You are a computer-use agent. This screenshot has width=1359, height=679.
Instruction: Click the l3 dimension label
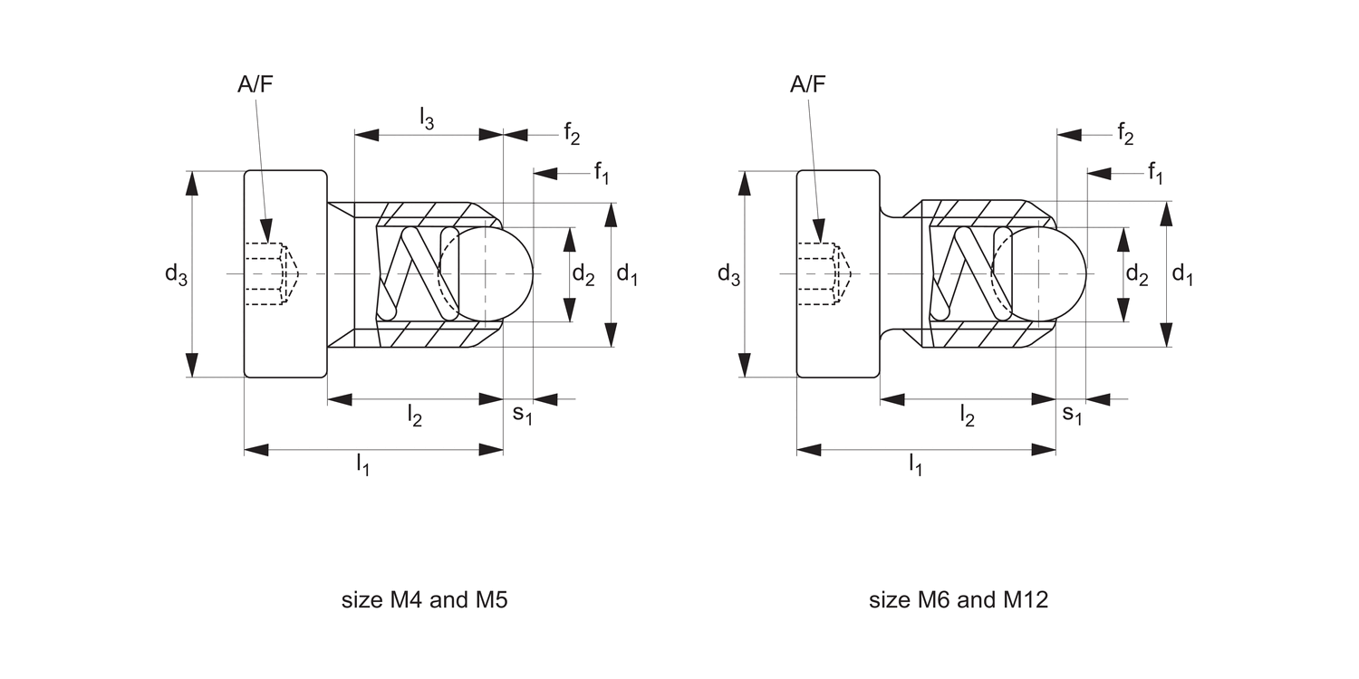[427, 118]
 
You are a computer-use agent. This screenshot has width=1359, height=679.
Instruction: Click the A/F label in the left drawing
[255, 85]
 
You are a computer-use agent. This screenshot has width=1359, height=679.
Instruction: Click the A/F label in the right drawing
[808, 85]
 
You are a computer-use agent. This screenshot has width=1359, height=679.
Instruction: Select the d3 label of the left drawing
[176, 274]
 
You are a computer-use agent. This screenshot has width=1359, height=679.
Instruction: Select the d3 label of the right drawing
[728, 274]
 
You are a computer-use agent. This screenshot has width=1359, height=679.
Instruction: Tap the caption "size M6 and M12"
[958, 600]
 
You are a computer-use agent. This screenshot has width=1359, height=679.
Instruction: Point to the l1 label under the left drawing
[362, 465]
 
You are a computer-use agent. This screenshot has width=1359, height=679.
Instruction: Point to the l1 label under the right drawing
[915, 465]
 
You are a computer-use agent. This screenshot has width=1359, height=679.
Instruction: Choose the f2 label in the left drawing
[572, 134]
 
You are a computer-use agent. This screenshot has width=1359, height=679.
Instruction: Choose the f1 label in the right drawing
[1155, 172]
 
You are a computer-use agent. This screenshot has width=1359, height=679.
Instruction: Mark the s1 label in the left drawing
[522, 414]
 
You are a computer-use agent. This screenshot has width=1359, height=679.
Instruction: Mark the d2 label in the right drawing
[1137, 274]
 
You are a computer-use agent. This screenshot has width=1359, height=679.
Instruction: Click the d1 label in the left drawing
[627, 274]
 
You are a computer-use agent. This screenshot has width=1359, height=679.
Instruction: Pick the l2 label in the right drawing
[968, 416]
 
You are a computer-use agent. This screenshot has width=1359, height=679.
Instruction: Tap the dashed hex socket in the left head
[268, 273]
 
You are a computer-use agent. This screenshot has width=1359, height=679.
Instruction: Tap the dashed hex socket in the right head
[821, 273]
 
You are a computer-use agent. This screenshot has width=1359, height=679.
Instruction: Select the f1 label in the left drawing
[602, 172]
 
